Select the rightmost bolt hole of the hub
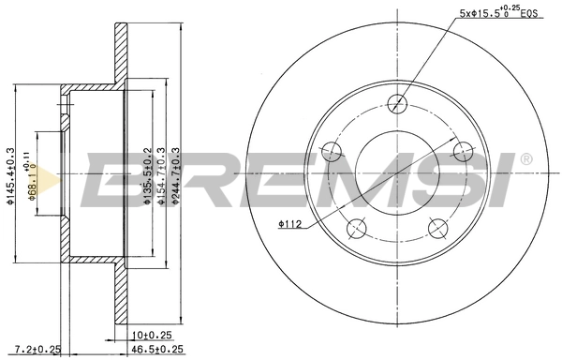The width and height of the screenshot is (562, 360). pos(462,150)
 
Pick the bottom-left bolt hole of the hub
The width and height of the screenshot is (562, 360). pos(354,227)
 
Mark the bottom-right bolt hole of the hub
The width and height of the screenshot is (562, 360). pos(436,226)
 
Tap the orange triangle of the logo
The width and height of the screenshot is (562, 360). pos(53,178)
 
